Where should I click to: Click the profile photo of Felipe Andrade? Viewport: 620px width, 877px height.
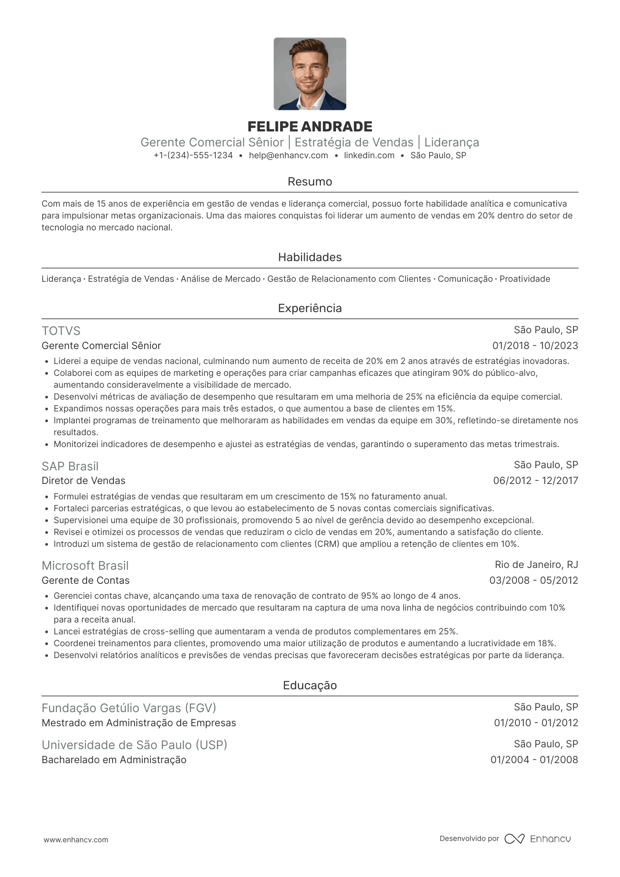click(310, 74)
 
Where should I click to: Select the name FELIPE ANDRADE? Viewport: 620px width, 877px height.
click(310, 127)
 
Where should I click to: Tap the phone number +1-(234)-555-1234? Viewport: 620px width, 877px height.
click(193, 155)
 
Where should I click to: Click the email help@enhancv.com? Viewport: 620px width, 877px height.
click(288, 155)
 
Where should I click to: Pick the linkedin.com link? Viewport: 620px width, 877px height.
click(369, 155)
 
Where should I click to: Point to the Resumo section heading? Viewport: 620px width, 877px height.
click(310, 182)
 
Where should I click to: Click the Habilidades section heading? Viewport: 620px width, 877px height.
click(310, 257)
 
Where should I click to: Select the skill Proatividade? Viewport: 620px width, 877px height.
click(525, 279)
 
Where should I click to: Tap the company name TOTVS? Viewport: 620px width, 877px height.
click(61, 331)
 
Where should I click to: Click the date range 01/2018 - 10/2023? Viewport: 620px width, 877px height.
click(535, 346)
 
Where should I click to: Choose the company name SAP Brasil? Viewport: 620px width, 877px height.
click(70, 466)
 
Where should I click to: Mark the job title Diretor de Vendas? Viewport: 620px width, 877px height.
click(84, 480)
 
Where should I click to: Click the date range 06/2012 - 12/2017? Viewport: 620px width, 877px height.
click(535, 480)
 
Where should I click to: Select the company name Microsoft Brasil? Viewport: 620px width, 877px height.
click(85, 565)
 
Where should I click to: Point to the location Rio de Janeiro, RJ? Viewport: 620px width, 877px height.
click(536, 564)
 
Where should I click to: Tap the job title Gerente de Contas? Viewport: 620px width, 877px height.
click(85, 580)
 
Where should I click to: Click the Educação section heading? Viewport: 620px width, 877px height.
click(310, 685)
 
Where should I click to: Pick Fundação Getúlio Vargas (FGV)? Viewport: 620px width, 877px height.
click(129, 708)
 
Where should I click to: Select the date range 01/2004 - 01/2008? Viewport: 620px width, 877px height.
click(534, 760)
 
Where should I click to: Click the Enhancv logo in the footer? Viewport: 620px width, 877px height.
click(538, 839)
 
